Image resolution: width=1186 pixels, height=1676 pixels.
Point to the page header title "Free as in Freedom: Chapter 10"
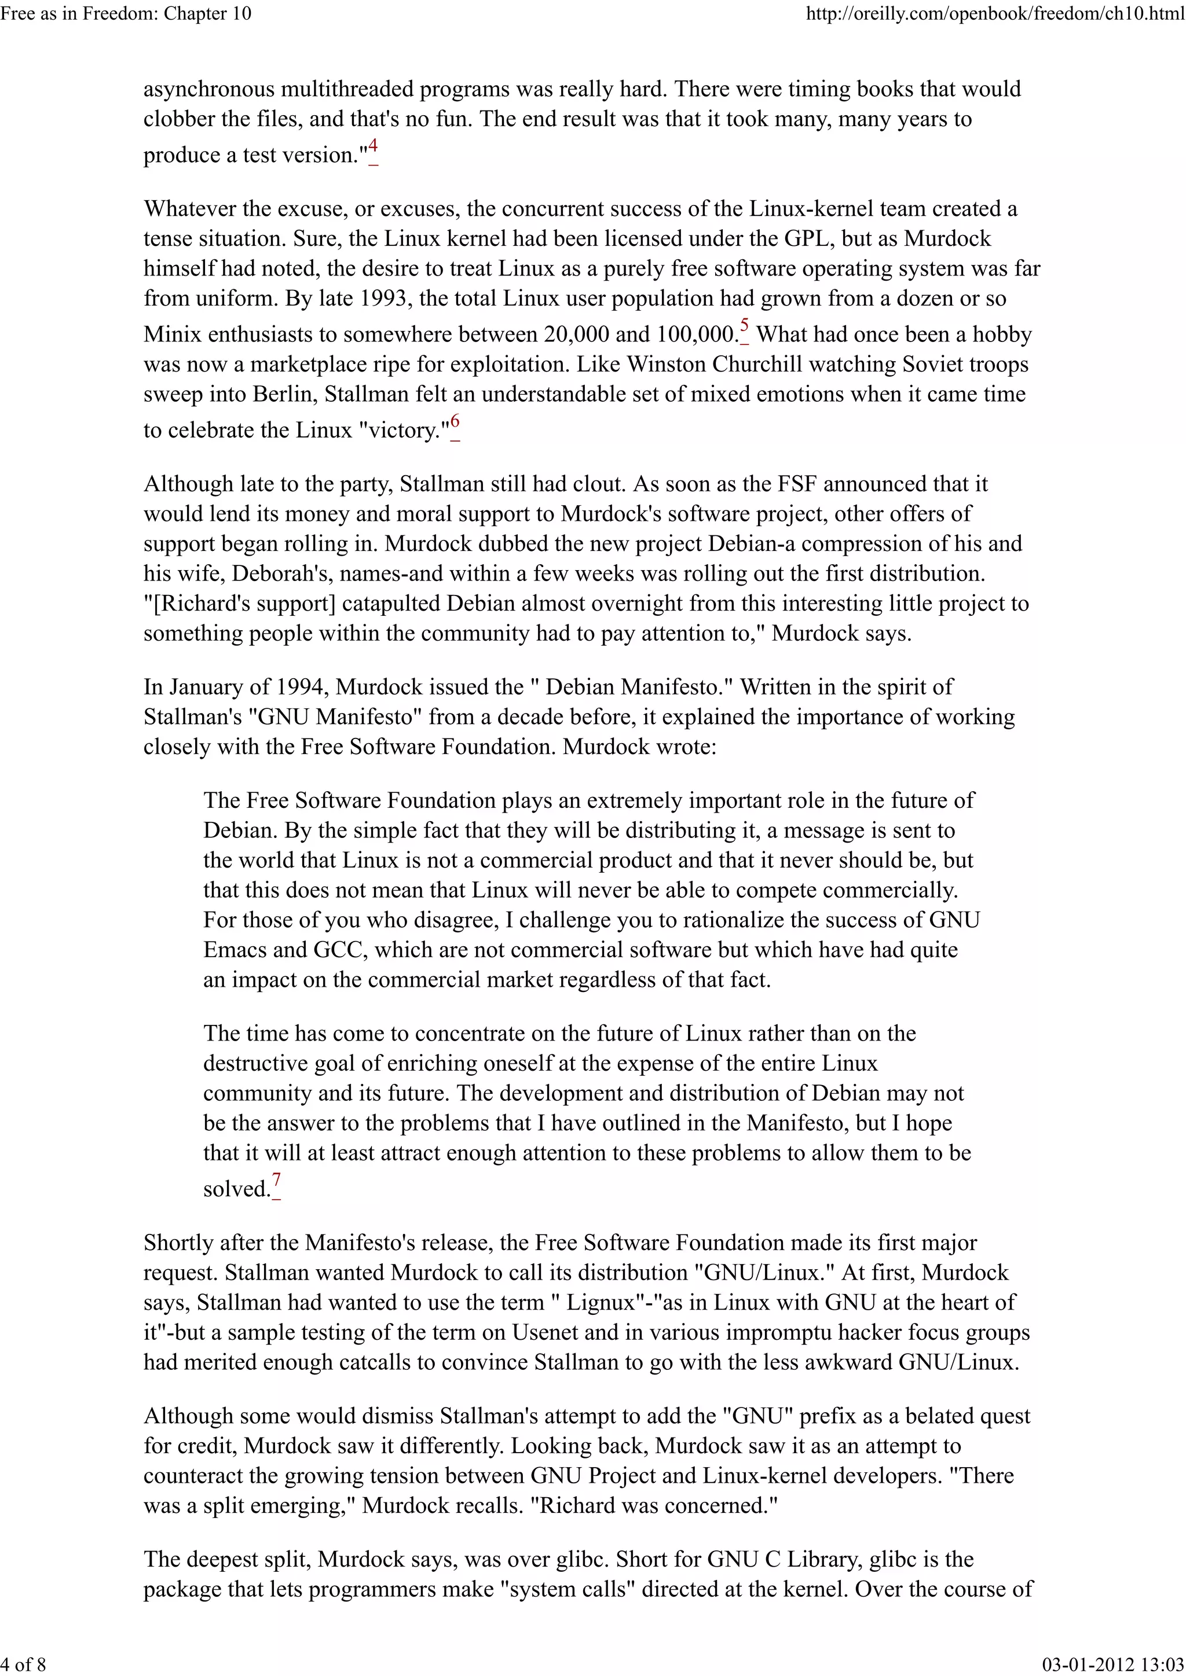tap(126, 13)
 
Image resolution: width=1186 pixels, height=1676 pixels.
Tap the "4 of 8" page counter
tap(23, 1664)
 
